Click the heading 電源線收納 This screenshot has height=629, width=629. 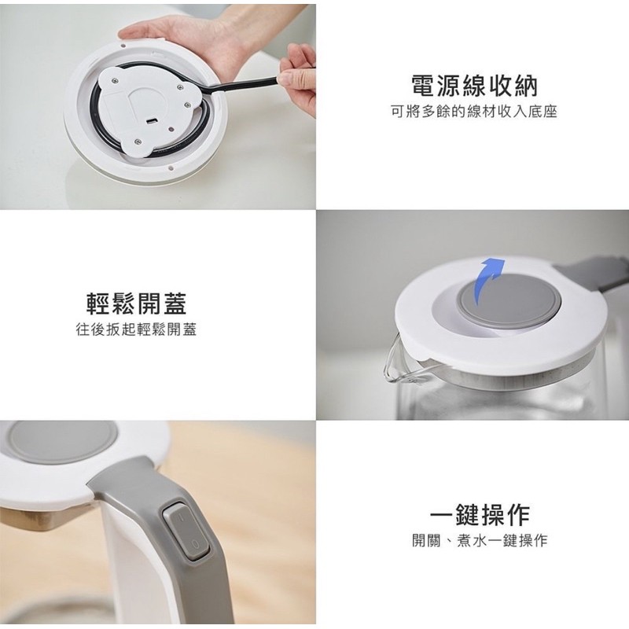[474, 85]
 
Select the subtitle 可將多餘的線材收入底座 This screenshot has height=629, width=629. [474, 112]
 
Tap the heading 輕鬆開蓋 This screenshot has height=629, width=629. [137, 303]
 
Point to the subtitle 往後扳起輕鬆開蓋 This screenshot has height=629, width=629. [136, 329]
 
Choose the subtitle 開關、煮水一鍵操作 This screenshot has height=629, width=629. [480, 540]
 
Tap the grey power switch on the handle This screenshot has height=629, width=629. [186, 532]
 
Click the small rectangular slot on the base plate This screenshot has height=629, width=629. [152, 121]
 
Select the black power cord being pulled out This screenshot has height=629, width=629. [241, 85]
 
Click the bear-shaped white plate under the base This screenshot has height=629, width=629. [145, 109]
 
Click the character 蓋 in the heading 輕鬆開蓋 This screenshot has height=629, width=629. [175, 303]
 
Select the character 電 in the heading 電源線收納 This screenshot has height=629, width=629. [424, 85]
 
